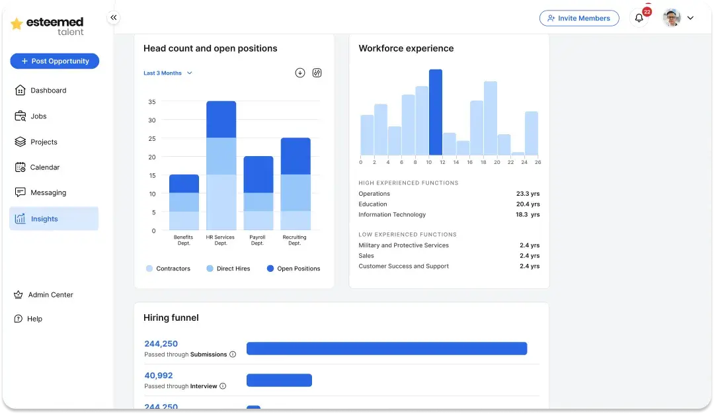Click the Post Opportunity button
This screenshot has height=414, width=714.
click(x=54, y=61)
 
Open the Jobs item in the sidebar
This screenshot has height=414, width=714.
click(x=38, y=116)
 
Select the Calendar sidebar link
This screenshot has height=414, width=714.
click(x=44, y=167)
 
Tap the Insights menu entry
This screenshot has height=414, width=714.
click(x=44, y=219)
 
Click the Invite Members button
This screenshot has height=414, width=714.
click(x=579, y=19)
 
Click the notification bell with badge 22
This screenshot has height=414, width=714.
click(x=639, y=19)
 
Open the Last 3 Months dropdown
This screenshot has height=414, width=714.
click(x=168, y=73)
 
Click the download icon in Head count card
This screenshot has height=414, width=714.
click(x=300, y=73)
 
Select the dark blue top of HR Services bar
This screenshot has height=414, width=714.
click(x=221, y=119)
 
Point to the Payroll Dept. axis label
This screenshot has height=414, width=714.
click(x=258, y=240)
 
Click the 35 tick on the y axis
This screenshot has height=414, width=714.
click(x=152, y=102)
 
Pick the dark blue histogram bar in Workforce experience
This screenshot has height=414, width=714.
click(x=436, y=112)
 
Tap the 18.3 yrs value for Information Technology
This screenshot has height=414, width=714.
click(x=528, y=215)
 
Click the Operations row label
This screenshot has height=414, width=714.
click(x=374, y=194)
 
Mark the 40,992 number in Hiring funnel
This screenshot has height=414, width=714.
click(x=158, y=376)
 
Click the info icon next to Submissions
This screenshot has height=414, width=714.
click(x=233, y=354)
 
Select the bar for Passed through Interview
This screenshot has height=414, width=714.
click(x=279, y=380)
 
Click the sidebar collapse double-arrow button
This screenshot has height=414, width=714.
click(x=114, y=18)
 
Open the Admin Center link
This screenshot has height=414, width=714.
click(x=50, y=295)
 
